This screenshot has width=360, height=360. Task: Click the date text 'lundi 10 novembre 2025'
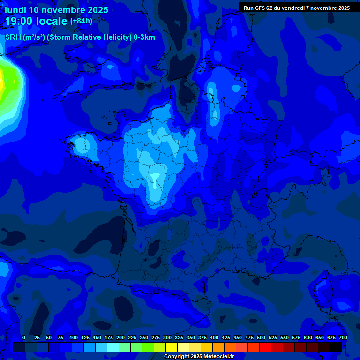57,10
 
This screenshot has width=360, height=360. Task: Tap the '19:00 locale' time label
37,22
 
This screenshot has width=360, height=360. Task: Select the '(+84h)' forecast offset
81,21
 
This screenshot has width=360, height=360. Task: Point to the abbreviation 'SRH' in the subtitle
13,37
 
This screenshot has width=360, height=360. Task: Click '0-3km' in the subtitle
144,37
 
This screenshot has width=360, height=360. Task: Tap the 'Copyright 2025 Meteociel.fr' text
199,357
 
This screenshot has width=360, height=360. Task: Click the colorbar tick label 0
24,337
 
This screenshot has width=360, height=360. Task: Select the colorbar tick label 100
74,337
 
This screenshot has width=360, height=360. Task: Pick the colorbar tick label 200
120,337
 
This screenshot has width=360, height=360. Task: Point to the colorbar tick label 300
167,337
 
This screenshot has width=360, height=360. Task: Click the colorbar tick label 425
226,337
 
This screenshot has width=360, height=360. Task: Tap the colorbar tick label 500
261,337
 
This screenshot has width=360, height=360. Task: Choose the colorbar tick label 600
308,337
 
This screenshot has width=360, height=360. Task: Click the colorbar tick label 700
343,337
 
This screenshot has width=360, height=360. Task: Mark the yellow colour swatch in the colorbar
172,347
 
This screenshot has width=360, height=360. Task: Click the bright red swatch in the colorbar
265,347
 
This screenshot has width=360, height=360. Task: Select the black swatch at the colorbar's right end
336,347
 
